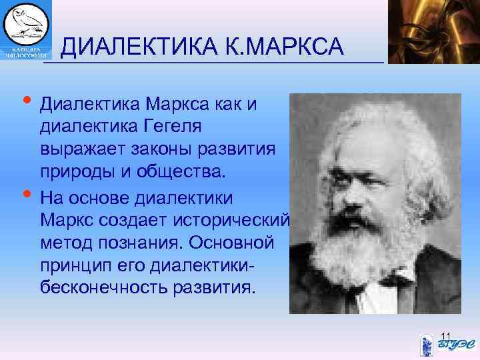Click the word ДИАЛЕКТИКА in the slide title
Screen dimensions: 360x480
click(137, 47)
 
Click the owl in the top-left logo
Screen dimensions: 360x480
click(27, 23)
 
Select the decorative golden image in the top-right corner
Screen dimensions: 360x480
click(433, 31)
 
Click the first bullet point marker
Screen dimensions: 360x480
click(26, 101)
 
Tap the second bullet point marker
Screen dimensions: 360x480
click(26, 194)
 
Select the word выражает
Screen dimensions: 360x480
click(79, 149)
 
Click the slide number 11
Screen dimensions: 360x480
click(447, 335)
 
